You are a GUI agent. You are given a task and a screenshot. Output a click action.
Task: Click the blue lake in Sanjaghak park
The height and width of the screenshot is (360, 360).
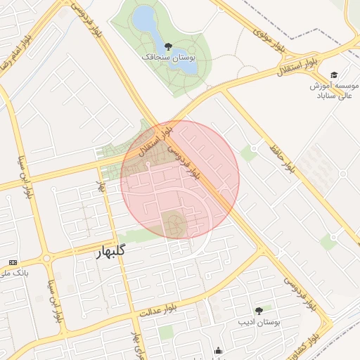tap(146, 20)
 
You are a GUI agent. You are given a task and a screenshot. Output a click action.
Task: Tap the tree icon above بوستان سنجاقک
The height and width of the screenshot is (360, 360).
tap(167, 46)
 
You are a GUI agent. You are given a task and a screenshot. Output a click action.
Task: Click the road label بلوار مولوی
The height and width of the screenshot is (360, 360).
tap(269, 40)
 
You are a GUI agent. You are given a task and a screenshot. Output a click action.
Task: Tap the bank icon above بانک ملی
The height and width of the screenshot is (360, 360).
tap(12, 262)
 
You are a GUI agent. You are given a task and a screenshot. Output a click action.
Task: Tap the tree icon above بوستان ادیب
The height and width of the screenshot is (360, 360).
tap(259, 310)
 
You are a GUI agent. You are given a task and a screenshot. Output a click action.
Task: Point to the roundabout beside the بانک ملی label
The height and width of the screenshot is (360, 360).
tap(46, 259)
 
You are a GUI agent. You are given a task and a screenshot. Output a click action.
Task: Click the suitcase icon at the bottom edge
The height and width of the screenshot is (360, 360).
tap(218, 351)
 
